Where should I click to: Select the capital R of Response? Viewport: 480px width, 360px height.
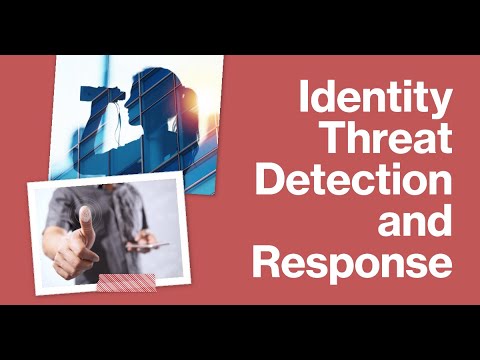pos(268,264)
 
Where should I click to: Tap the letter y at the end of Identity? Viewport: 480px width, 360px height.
pos(441,106)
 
